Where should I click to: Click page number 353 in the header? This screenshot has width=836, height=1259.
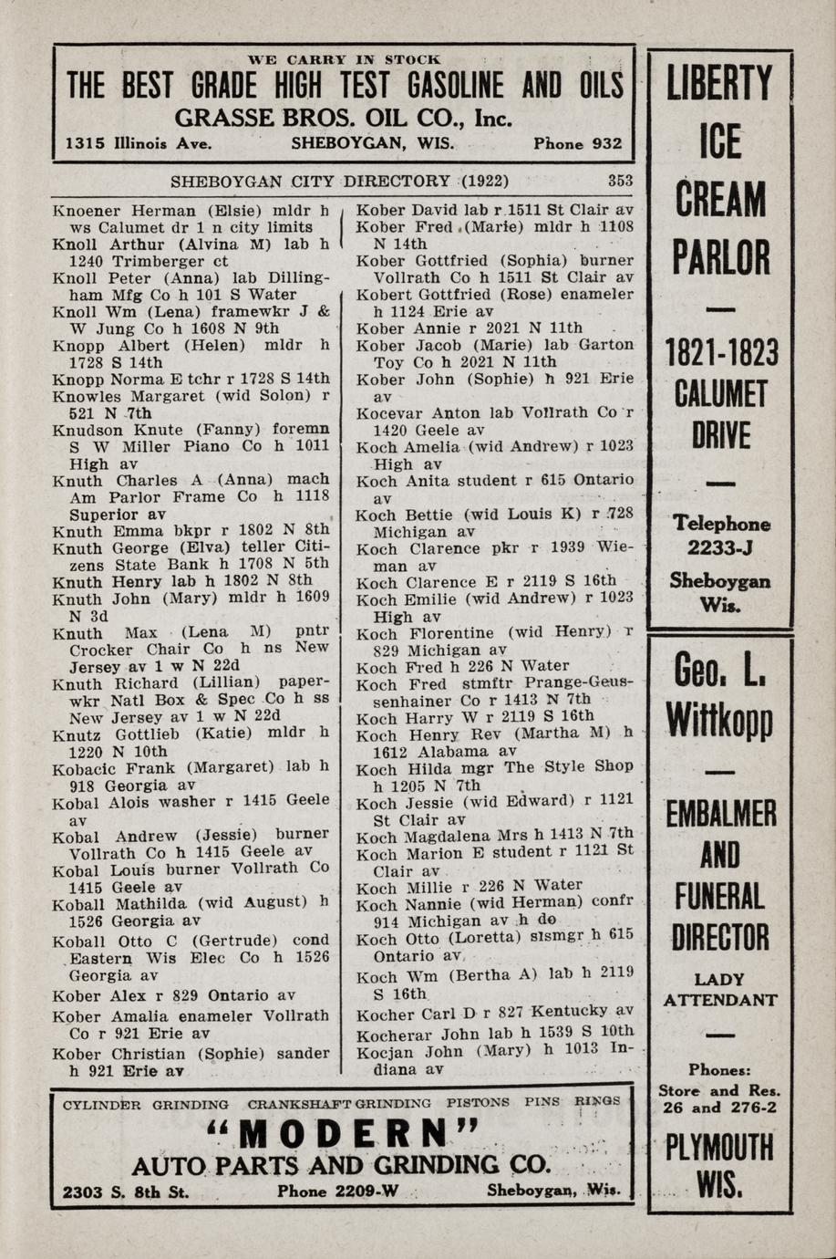click(x=620, y=181)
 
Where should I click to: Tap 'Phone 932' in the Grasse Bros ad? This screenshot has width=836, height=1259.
click(x=578, y=143)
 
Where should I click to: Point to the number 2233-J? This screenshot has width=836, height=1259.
click(x=719, y=547)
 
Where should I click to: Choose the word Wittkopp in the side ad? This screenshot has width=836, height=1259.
click(x=719, y=721)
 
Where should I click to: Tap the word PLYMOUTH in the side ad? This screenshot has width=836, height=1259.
click(x=719, y=1147)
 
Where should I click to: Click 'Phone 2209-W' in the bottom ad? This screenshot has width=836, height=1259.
click(x=338, y=1191)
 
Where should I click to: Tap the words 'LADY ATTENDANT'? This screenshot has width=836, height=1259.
click(x=719, y=990)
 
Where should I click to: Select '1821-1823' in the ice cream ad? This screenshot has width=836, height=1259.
click(x=719, y=351)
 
